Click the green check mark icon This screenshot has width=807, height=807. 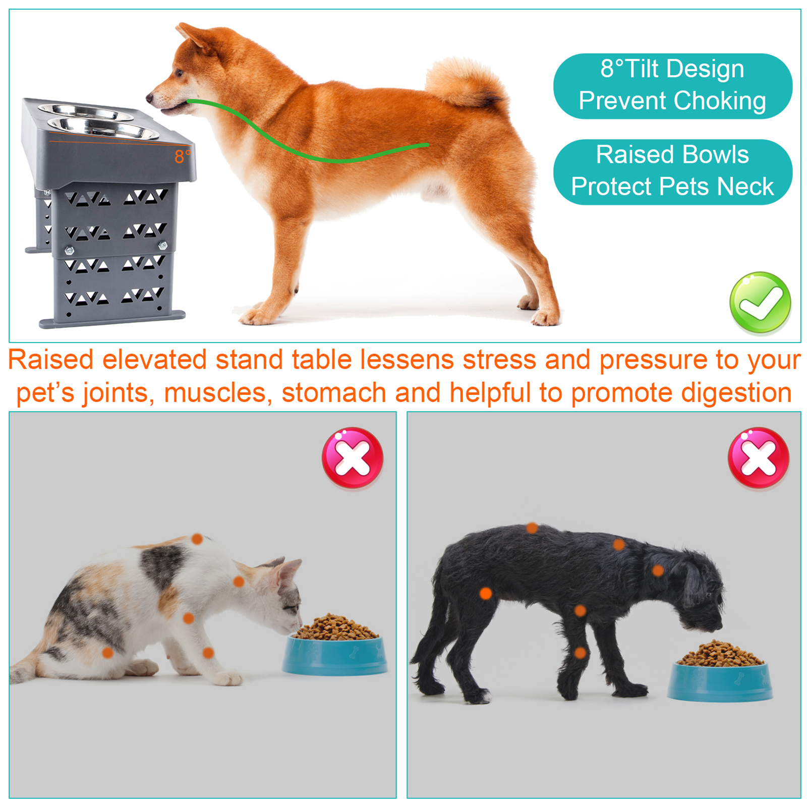(x=760, y=303)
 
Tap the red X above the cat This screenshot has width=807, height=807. (x=353, y=458)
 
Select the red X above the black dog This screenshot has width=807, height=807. (x=759, y=458)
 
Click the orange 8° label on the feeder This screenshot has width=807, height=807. (x=182, y=157)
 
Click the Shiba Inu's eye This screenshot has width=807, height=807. (x=180, y=73)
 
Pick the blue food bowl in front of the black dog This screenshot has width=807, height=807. (x=720, y=680)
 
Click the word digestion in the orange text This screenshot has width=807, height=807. (x=736, y=393)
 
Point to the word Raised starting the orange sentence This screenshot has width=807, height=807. (x=51, y=360)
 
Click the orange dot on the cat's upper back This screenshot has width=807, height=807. (x=197, y=539)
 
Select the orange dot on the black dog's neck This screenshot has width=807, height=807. (x=658, y=571)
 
